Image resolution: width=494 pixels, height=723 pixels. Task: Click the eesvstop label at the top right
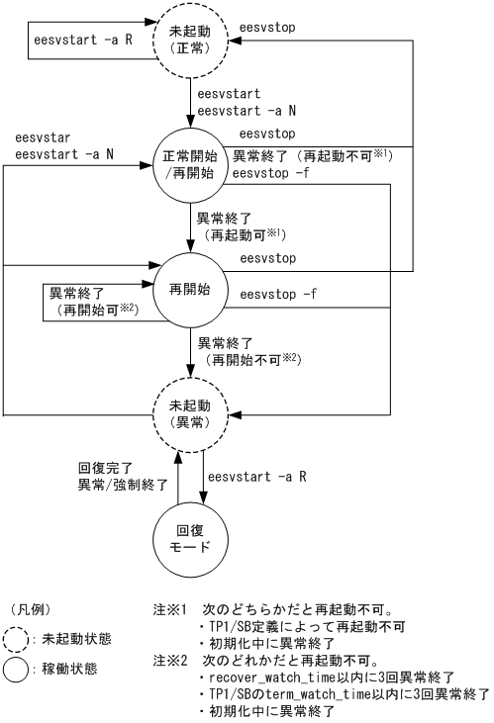(269, 19)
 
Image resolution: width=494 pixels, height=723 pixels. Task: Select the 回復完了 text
(101, 466)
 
